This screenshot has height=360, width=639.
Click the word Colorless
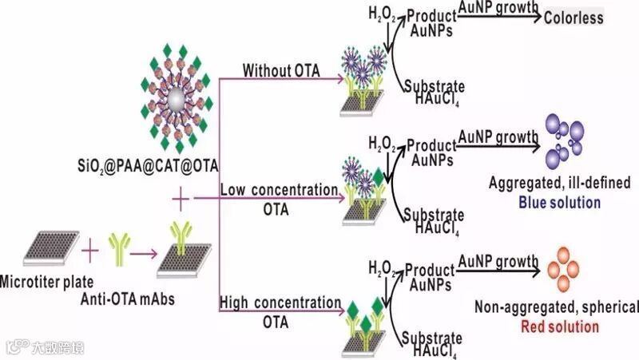574,17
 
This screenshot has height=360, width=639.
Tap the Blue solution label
559,202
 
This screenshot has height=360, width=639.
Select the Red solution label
559,326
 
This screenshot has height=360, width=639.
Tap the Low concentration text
279,190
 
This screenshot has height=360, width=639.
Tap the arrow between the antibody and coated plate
144,254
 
